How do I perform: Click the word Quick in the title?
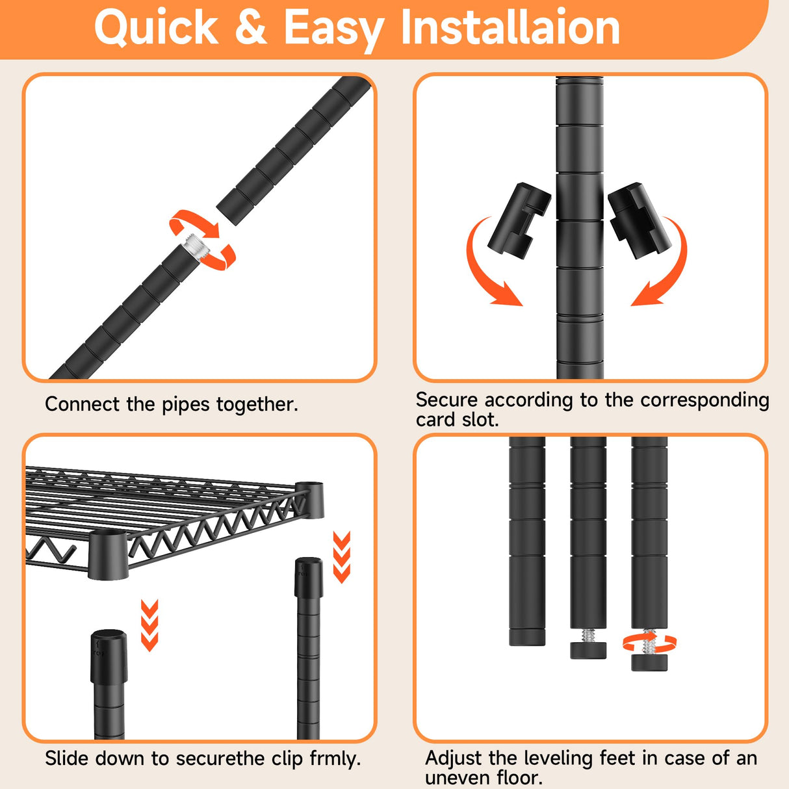click(x=156, y=27)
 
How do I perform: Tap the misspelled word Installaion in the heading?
click(x=510, y=27)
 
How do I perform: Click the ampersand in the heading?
click(x=251, y=27)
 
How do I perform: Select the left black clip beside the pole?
click(x=519, y=221)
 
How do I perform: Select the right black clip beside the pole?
click(x=640, y=221)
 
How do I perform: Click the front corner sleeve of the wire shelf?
click(x=108, y=555)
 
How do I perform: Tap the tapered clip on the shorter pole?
click(x=109, y=656)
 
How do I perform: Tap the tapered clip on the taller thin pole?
click(x=309, y=577)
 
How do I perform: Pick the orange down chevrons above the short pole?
click(x=149, y=625)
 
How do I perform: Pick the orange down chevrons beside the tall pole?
click(x=341, y=557)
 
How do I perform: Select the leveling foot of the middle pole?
click(x=588, y=650)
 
